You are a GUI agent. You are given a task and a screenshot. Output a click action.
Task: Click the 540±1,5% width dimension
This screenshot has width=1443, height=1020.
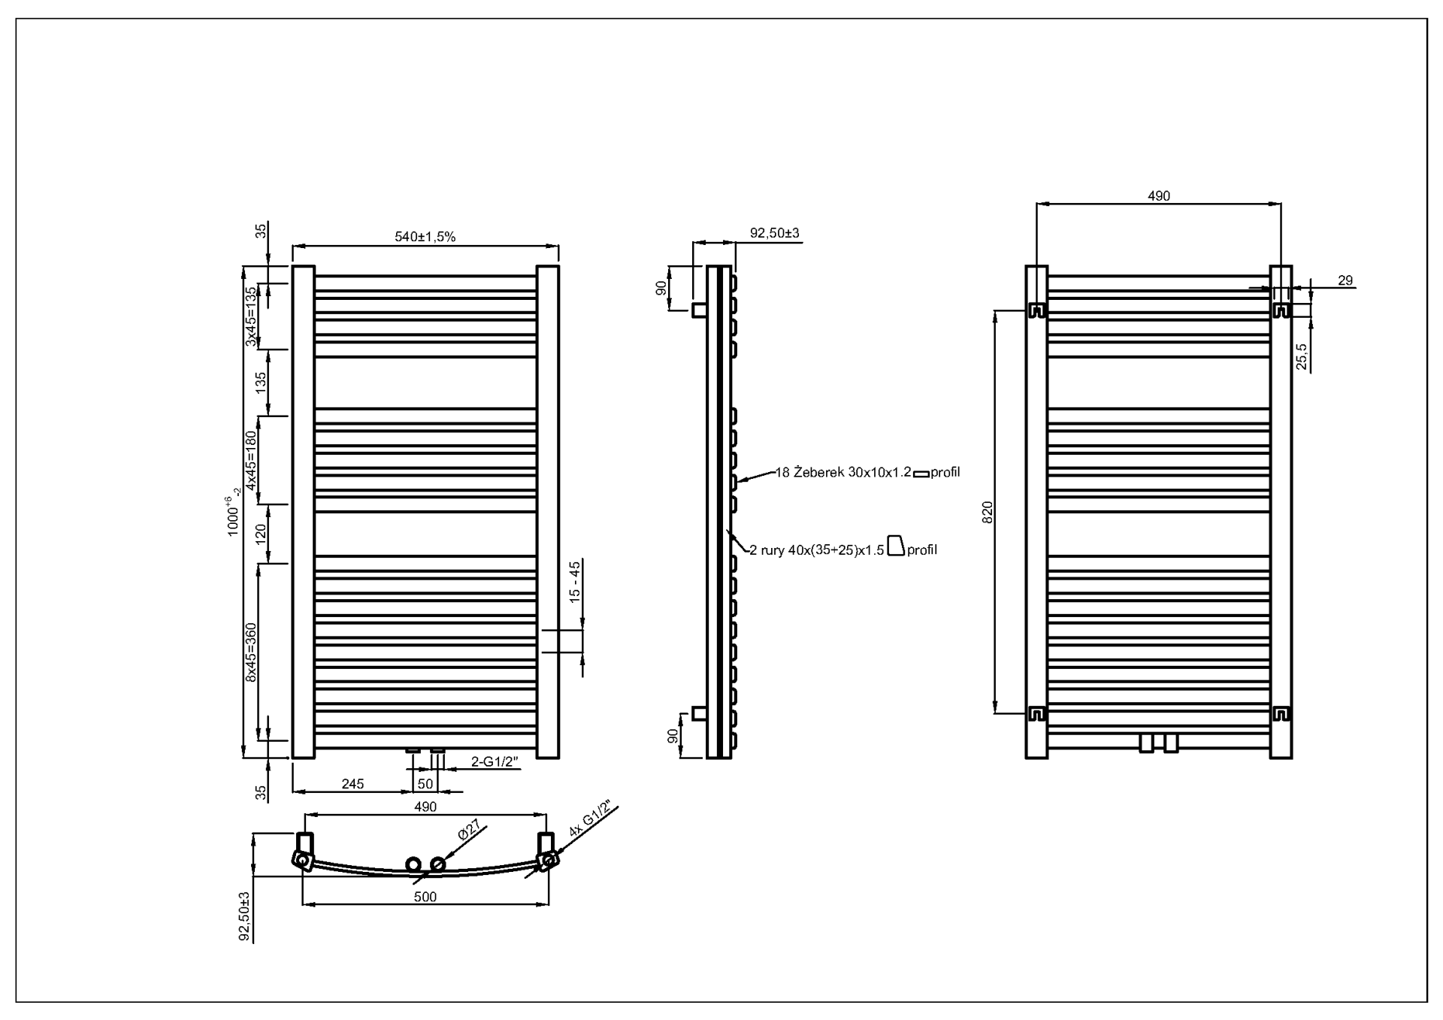pyautogui.click(x=425, y=237)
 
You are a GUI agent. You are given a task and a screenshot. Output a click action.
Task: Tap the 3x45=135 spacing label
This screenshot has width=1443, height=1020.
pyautogui.click(x=251, y=316)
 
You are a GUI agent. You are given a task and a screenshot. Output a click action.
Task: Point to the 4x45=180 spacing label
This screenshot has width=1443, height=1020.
pyautogui.click(x=251, y=460)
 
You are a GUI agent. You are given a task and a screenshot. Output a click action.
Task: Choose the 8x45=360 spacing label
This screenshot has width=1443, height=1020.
pyautogui.click(x=251, y=652)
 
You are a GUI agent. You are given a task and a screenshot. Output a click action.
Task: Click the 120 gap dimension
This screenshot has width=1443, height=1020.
pyautogui.click(x=261, y=534)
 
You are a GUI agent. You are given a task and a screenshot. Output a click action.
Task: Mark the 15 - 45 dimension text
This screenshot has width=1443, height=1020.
pyautogui.click(x=575, y=582)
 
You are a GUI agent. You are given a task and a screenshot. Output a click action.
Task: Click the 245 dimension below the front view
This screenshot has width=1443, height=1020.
pyautogui.click(x=352, y=784)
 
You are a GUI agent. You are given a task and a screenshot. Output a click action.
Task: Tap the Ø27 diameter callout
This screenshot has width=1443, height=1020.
pyautogui.click(x=469, y=830)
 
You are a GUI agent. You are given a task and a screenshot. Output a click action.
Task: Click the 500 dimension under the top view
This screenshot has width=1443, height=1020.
pyautogui.click(x=425, y=897)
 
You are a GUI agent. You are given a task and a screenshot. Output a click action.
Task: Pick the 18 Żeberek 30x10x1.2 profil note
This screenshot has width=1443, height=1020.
pyautogui.click(x=867, y=473)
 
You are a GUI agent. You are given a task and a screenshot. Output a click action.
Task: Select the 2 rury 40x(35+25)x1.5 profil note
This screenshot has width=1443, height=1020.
pyautogui.click(x=843, y=550)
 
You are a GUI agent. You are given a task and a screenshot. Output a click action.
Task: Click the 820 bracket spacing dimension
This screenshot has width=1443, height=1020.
pyautogui.click(x=988, y=512)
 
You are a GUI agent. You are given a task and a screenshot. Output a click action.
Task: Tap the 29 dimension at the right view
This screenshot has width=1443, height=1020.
pyautogui.click(x=1345, y=280)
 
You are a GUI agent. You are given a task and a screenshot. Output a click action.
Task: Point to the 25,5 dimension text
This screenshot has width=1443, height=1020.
pyautogui.click(x=1302, y=357)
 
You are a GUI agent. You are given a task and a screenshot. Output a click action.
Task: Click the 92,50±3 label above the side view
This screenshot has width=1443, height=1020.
pyautogui.click(x=775, y=234)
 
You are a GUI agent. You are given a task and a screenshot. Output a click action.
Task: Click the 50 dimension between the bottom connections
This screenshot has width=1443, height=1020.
pyautogui.click(x=425, y=784)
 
